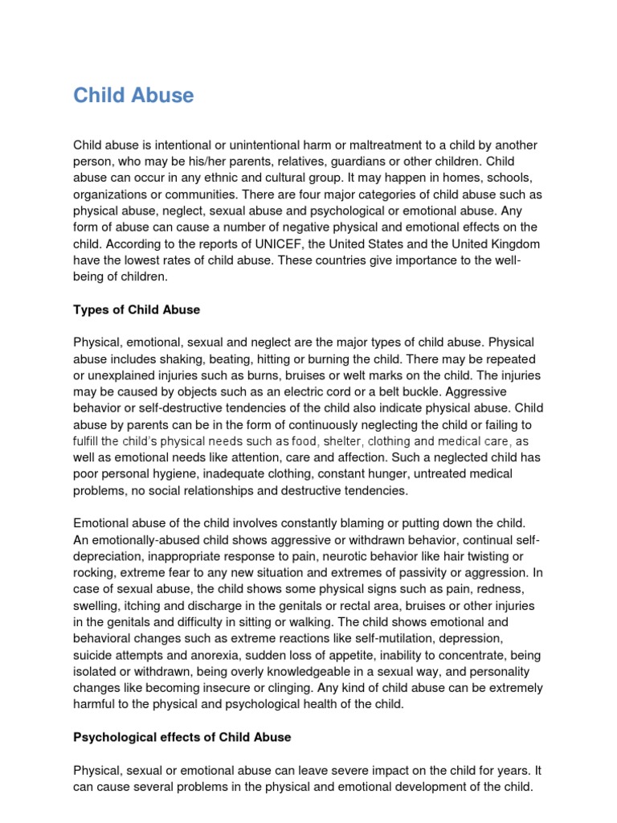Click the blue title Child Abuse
tap(133, 95)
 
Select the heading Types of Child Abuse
tap(137, 309)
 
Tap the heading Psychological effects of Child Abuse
tap(182, 737)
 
